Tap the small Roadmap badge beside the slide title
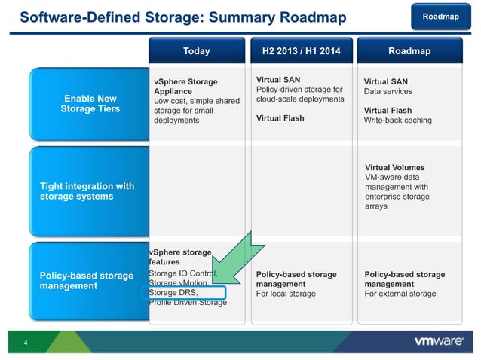pos(440,16)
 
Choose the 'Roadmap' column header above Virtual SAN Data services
pos(409,51)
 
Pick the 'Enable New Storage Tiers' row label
pos(90,104)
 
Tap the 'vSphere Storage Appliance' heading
pos(185,87)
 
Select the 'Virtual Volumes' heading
pos(394,167)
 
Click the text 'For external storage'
pos(400,294)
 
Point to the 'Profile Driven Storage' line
pos(188,303)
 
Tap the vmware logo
pos(439,341)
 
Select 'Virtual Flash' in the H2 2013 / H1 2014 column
pos(280,117)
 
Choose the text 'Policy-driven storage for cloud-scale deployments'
pos(300,94)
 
